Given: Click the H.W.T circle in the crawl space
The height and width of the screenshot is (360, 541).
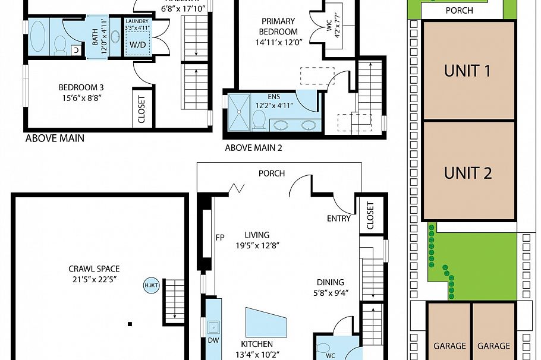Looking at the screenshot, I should [x=150, y=285].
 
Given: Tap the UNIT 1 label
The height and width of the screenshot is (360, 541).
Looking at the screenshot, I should [x=467, y=71].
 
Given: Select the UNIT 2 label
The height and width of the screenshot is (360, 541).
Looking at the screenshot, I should [x=467, y=173].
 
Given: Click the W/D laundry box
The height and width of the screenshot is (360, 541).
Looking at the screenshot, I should [x=138, y=45].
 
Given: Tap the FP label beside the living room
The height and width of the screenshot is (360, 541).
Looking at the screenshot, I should [x=219, y=238].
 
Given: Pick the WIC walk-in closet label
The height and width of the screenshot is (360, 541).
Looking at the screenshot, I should [x=329, y=27].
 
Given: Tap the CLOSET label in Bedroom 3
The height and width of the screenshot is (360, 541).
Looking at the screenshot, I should [x=141, y=109].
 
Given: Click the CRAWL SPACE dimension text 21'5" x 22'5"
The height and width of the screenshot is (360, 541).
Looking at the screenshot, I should [x=94, y=279].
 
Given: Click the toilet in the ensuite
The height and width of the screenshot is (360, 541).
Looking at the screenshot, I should [x=259, y=120].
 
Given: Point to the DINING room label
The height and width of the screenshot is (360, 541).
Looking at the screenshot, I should [x=329, y=282].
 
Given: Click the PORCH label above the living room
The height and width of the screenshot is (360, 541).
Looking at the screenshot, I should [x=271, y=173].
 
